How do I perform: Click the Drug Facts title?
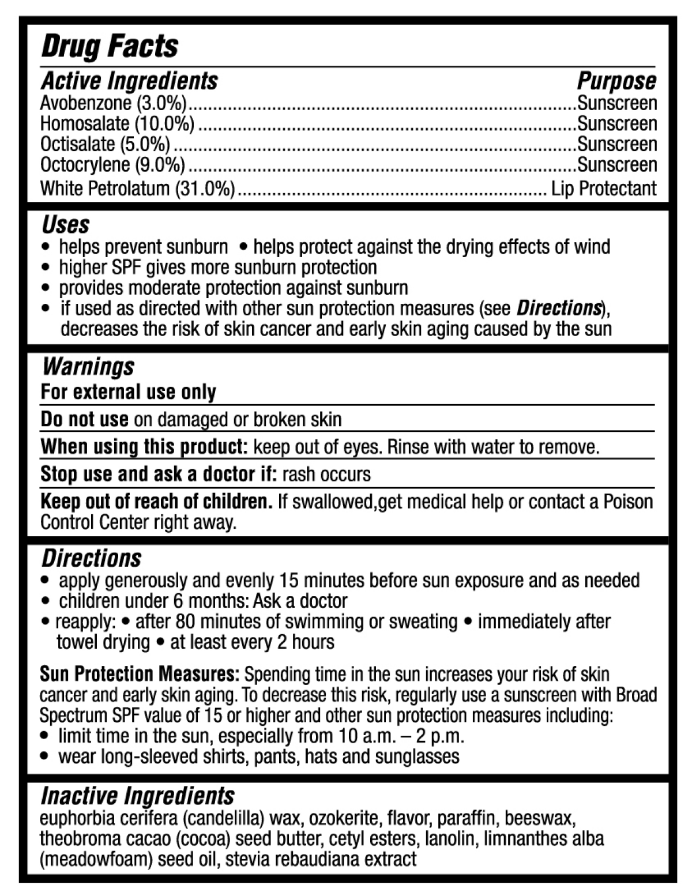click(110, 47)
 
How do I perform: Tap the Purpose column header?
click(616, 81)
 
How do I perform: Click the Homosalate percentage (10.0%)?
click(164, 123)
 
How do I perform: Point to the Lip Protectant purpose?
click(603, 189)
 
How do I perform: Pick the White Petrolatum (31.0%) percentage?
click(205, 189)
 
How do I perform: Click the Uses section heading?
click(66, 224)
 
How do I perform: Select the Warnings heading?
click(88, 367)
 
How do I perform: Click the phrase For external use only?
click(128, 392)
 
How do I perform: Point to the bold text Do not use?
click(84, 419)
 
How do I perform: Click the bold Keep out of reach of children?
click(156, 502)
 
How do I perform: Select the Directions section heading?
click(91, 558)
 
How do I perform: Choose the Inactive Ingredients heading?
click(138, 796)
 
